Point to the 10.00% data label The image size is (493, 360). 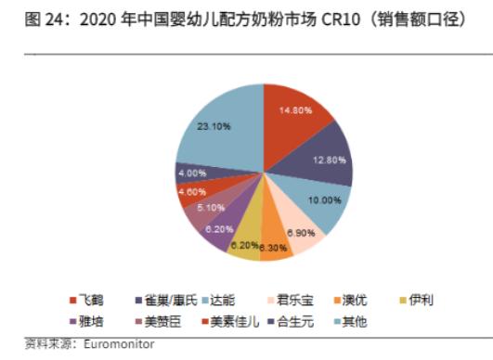pos(325,199)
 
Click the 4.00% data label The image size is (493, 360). pos(191,173)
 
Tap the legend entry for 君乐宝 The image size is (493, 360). pos(291,300)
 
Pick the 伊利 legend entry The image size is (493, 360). pos(416,300)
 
